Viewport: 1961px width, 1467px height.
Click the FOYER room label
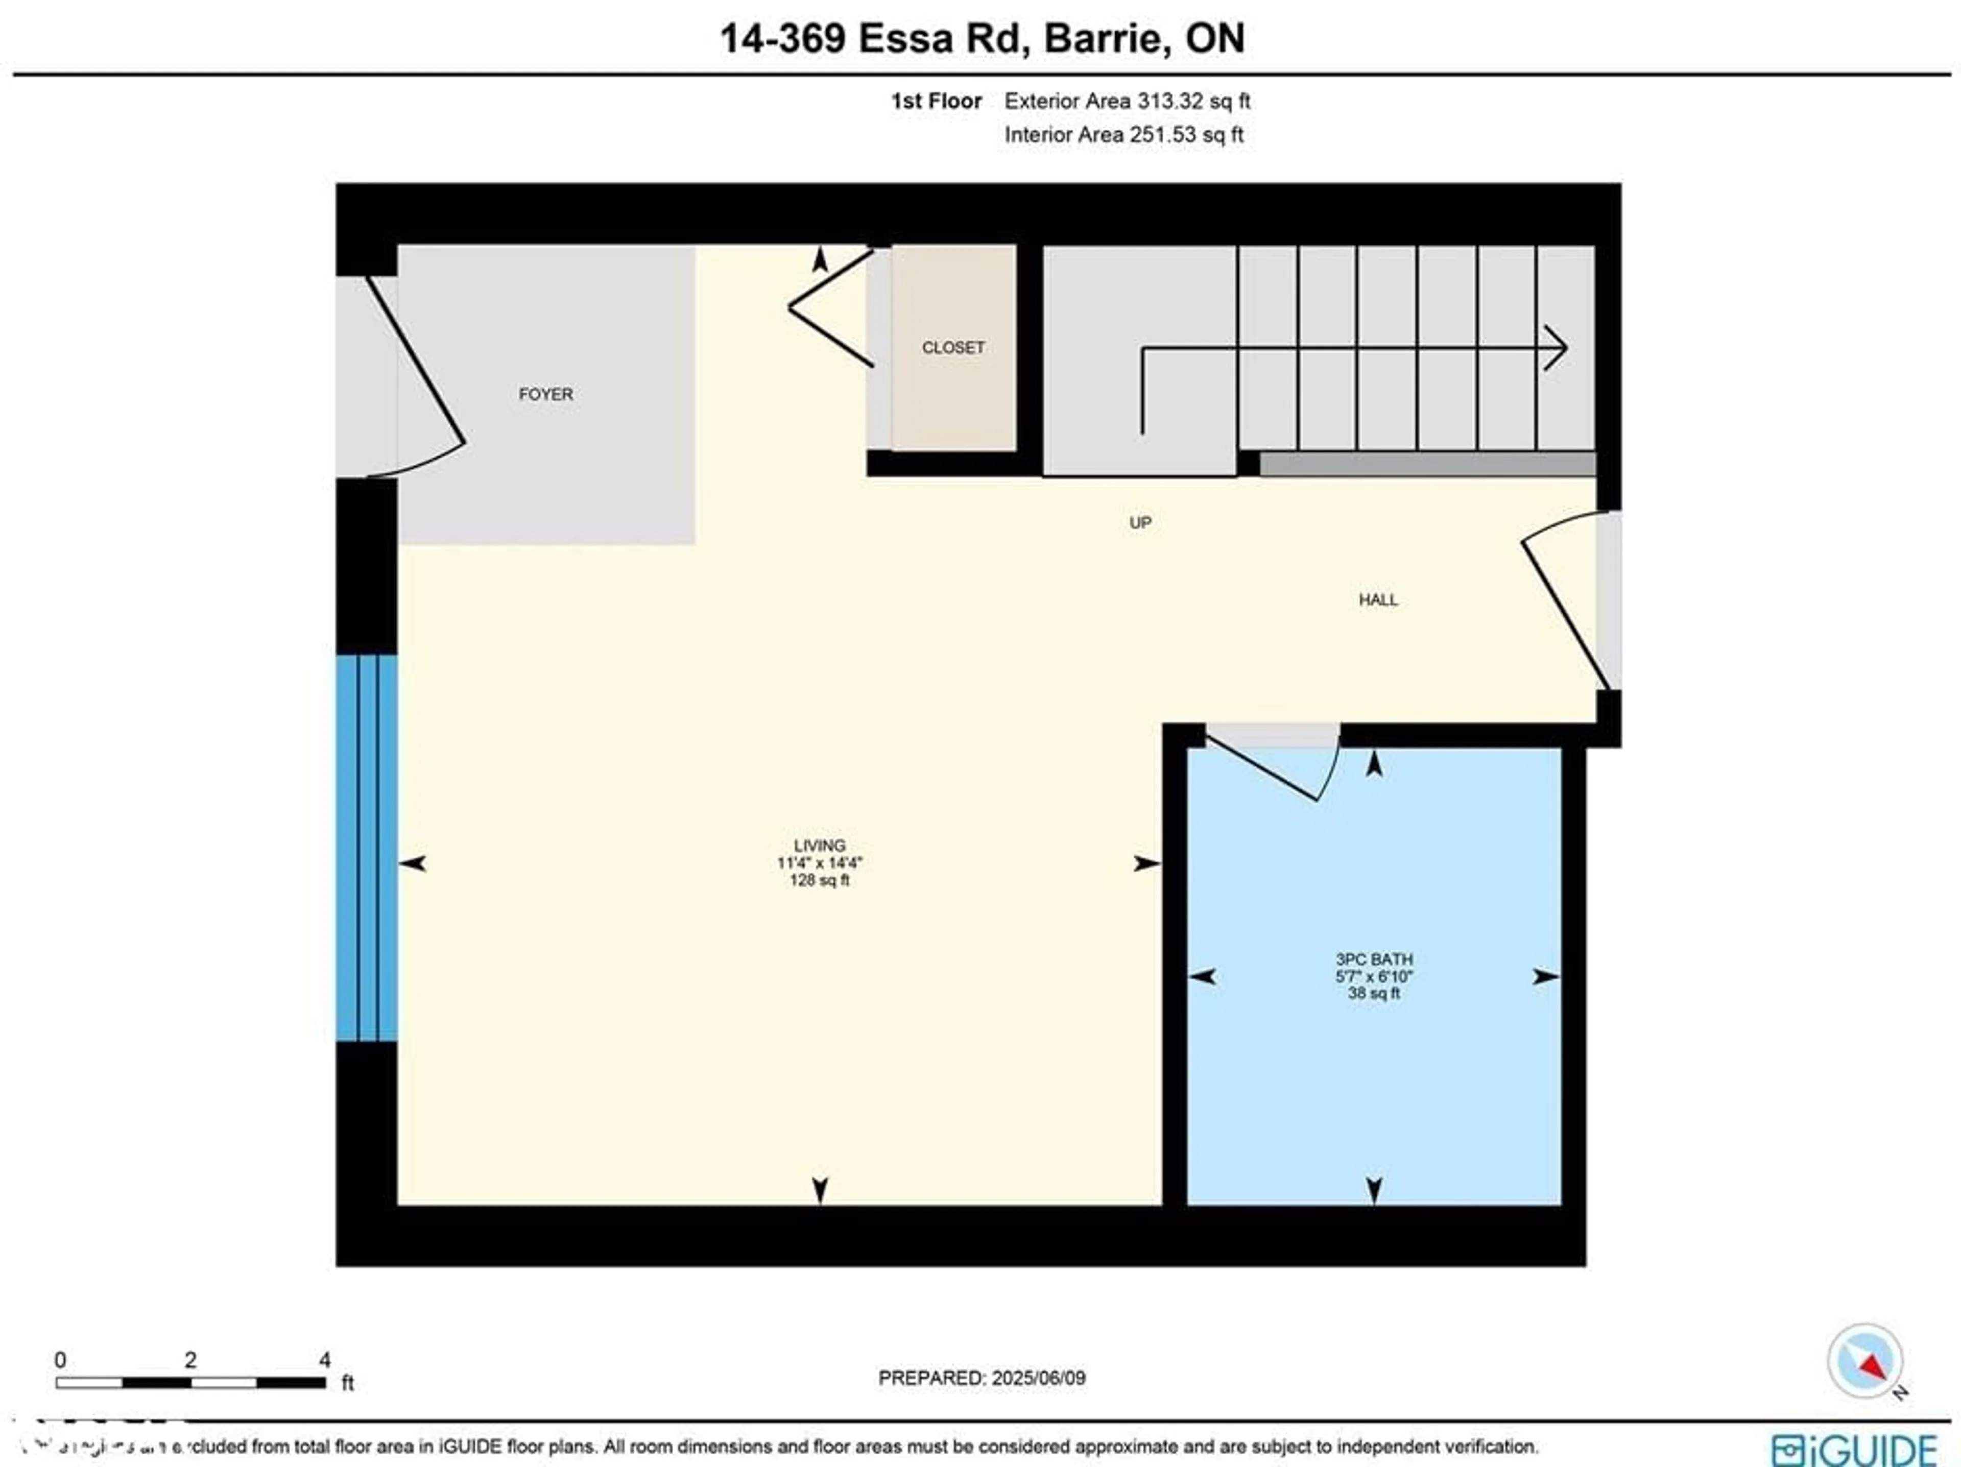coord(545,394)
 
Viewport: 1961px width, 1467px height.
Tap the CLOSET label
coord(953,347)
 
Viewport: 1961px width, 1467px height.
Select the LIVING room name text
coord(819,846)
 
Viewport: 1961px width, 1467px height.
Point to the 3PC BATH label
coord(1374,959)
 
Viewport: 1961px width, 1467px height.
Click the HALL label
coord(1378,600)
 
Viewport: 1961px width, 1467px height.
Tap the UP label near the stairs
coord(1140,523)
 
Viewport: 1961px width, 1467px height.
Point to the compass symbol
coord(1864,1361)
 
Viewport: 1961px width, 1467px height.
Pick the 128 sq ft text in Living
coord(819,880)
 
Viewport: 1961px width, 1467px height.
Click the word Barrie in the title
coord(1102,38)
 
